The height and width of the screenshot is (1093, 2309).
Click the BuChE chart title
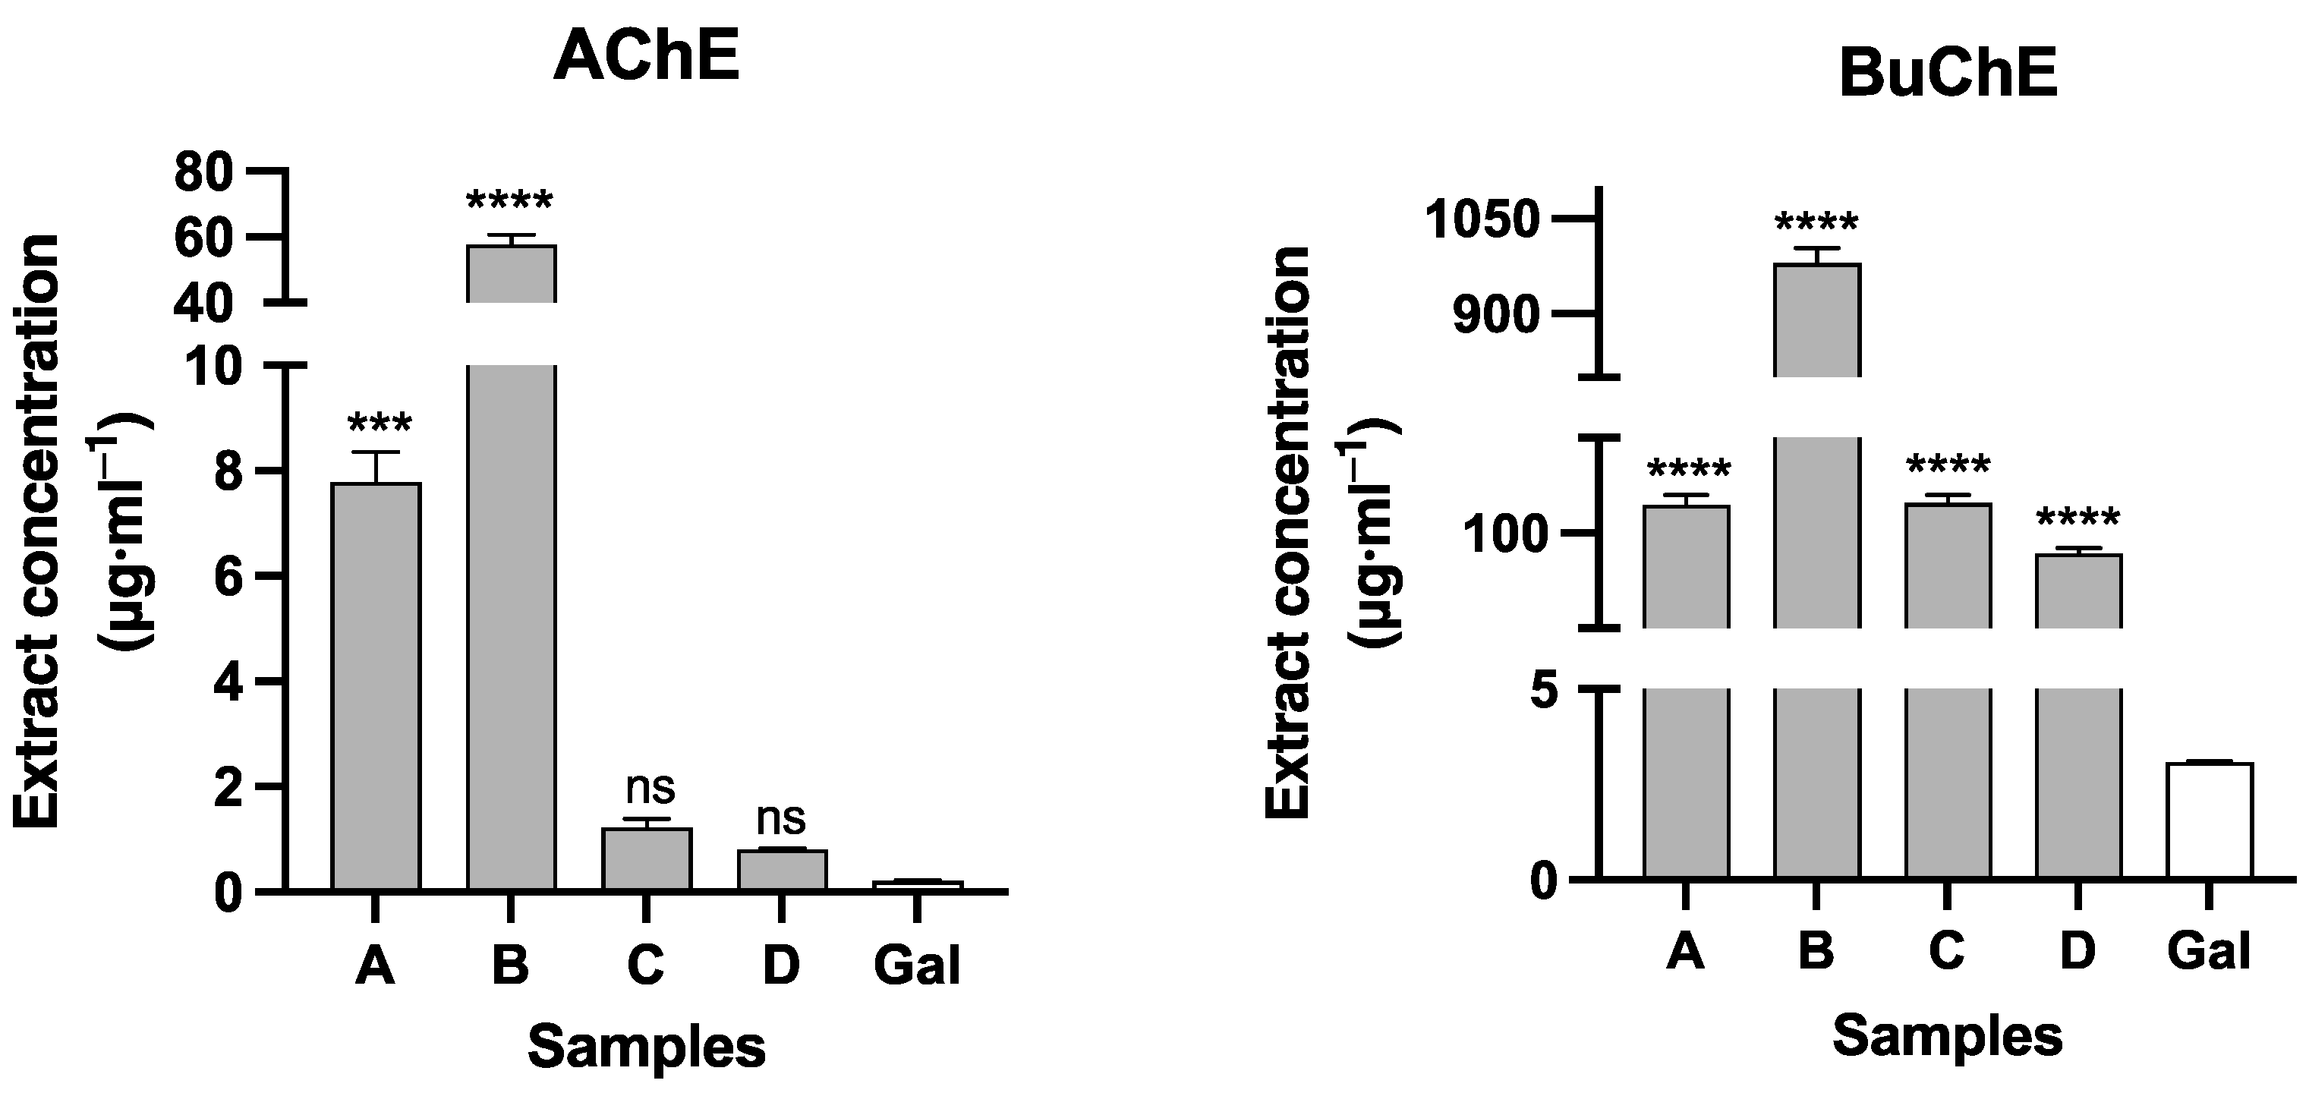[1947, 74]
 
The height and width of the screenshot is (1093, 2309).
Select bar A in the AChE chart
[376, 686]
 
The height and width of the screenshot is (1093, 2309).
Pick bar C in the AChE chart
[646, 858]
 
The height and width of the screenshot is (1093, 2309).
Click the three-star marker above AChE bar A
[378, 425]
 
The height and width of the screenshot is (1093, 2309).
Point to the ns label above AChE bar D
[781, 819]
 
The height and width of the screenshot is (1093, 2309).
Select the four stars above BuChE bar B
[1816, 224]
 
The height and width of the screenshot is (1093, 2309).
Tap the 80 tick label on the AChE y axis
[203, 173]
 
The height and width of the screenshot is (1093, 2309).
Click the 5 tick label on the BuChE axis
[1545, 692]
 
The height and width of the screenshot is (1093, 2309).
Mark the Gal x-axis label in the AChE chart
[916, 965]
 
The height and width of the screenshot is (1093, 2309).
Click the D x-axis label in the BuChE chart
[2077, 951]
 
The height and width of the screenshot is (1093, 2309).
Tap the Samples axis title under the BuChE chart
[1947, 1037]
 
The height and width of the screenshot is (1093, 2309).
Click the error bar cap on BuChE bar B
[1816, 248]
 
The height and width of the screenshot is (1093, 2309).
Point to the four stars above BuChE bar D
[2077, 519]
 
